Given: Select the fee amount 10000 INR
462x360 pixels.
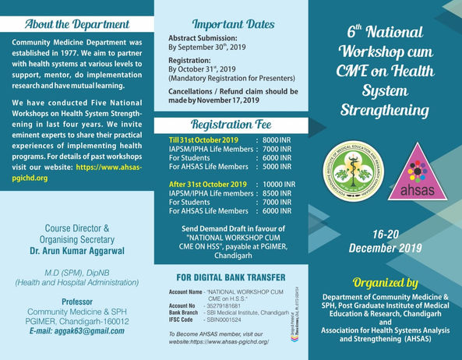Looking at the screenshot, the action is point(276,184).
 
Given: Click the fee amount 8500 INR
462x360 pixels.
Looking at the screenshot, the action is point(277,193).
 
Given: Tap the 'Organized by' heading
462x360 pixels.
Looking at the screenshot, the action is point(386,282).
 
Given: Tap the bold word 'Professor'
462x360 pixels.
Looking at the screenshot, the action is point(77,300).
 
